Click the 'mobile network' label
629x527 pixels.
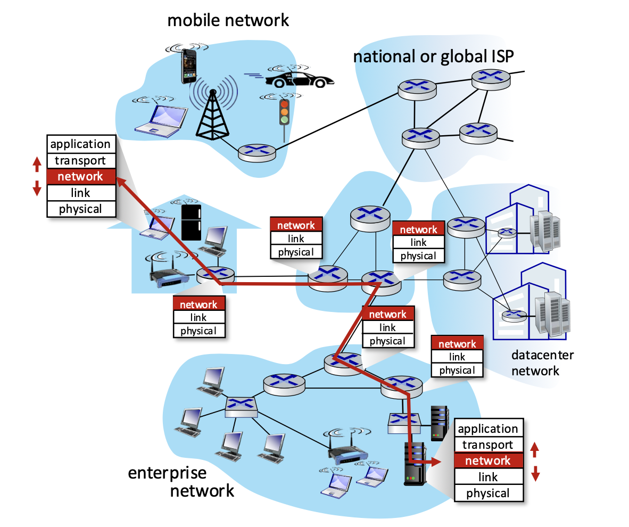point(228,20)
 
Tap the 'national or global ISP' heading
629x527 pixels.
point(433,56)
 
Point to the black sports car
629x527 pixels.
point(299,80)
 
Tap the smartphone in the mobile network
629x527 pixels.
point(189,65)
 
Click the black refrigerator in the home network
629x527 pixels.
point(192,223)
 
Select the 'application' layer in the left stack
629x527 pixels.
point(81,144)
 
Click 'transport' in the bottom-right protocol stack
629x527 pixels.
point(488,444)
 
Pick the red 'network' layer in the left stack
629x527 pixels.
point(81,177)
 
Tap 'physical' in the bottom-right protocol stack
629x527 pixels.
point(488,493)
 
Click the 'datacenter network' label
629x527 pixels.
point(542,363)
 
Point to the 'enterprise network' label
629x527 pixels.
point(181,482)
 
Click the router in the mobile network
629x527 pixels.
point(256,153)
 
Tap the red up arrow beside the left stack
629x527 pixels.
point(37,164)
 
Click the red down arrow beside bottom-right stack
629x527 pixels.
point(535,474)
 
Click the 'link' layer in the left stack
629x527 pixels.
point(81,193)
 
